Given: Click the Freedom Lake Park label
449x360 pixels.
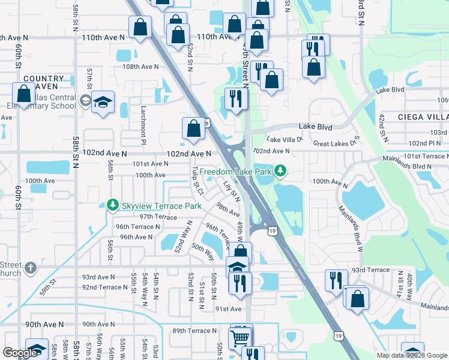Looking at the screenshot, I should click(x=237, y=171).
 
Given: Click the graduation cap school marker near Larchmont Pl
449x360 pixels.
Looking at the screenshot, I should click(x=103, y=102).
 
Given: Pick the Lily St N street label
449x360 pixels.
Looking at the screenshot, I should click(x=232, y=191).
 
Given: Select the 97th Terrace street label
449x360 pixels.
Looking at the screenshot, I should click(x=158, y=217).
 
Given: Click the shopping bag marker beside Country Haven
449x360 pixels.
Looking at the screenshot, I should click(x=24, y=94).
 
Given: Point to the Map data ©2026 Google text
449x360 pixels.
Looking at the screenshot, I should click(x=412, y=355).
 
